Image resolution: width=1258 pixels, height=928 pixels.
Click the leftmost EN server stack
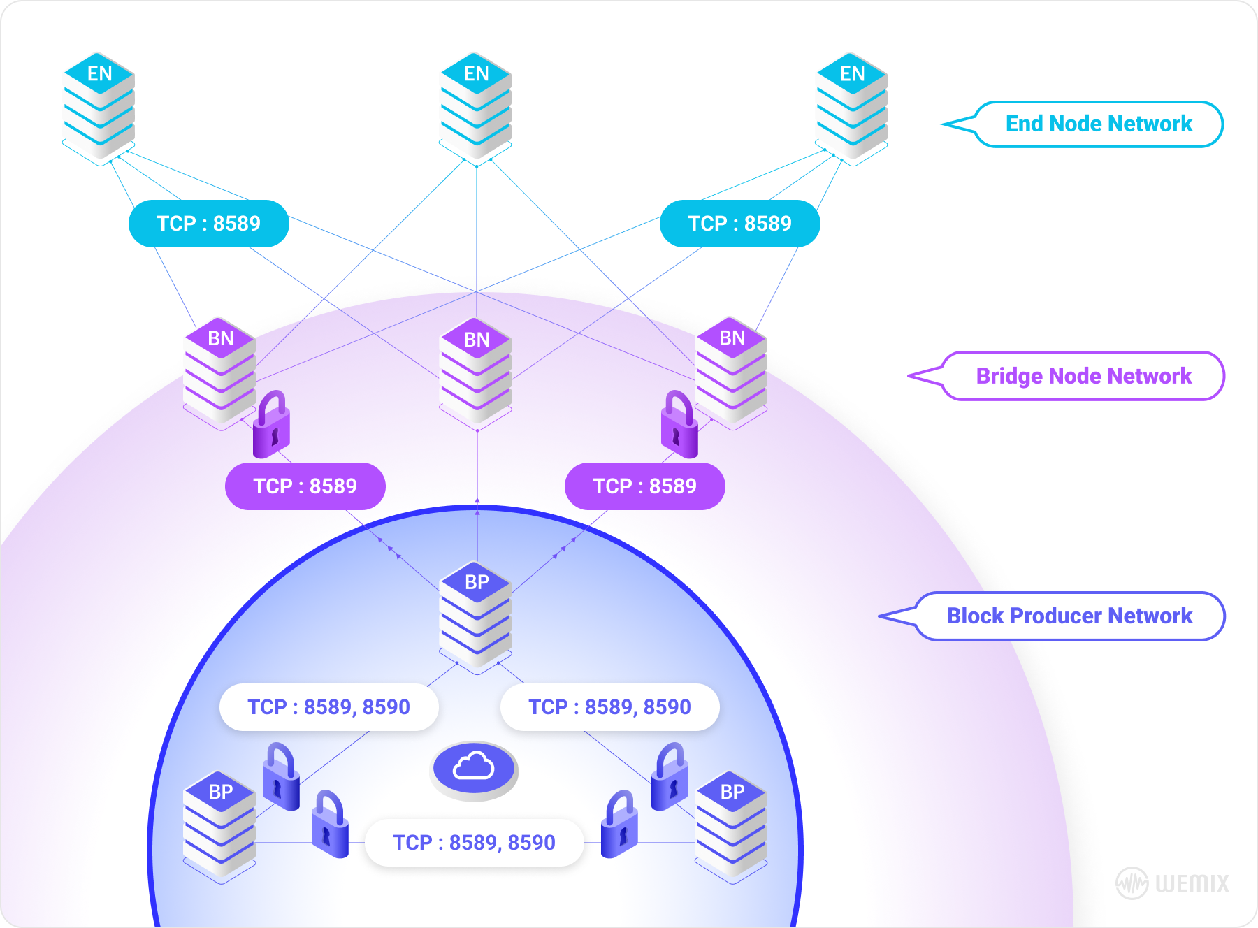[x=99, y=105]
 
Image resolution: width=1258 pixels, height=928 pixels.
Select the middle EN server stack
[x=476, y=105]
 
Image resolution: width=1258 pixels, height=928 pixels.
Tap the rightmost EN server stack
[x=852, y=105]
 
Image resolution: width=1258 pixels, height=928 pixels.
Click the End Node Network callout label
[x=1098, y=124]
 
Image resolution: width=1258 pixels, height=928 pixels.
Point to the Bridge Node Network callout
[x=1083, y=376]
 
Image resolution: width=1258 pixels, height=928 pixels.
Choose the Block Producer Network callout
[x=1069, y=616]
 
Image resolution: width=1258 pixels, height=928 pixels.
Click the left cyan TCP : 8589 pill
[x=209, y=224]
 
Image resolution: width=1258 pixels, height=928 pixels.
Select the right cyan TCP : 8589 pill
[x=739, y=224]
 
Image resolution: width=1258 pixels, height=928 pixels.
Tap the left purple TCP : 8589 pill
[x=305, y=486]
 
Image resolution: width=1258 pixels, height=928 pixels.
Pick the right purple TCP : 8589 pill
[x=644, y=486]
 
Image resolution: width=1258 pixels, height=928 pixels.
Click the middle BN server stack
[x=476, y=370]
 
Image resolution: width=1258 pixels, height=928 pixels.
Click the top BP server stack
[x=476, y=614]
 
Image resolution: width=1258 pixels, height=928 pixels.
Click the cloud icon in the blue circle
[x=474, y=768]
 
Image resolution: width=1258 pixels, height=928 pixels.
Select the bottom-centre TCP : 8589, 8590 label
[x=474, y=843]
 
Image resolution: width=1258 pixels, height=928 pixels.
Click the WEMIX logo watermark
[x=1172, y=883]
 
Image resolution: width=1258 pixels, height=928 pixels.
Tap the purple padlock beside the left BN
[x=271, y=425]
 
